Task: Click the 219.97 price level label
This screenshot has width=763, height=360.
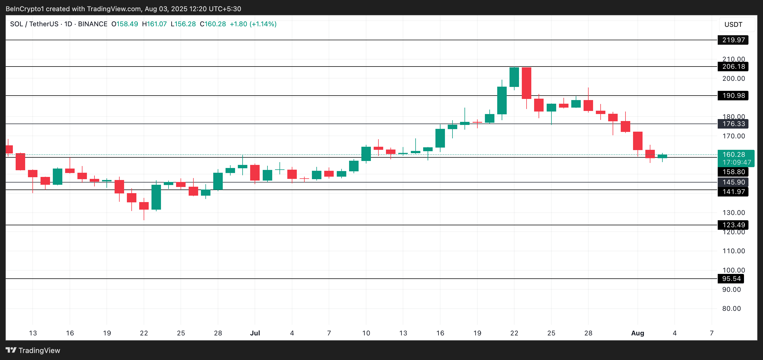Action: pyautogui.click(x=733, y=40)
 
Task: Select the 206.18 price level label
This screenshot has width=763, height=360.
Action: pyautogui.click(x=733, y=66)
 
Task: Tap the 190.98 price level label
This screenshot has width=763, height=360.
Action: pyautogui.click(x=733, y=95)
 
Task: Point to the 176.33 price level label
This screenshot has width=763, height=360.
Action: pyautogui.click(x=733, y=124)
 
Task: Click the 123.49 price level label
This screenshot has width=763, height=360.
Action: pyautogui.click(x=733, y=225)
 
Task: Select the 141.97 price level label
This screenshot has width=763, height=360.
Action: pyautogui.click(x=733, y=192)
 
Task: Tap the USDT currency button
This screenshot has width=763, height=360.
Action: pyautogui.click(x=733, y=25)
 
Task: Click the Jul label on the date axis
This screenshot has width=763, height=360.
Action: pyautogui.click(x=255, y=333)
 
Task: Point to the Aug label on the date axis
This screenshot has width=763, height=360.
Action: pyautogui.click(x=638, y=333)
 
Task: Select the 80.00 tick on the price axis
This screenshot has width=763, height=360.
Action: pyautogui.click(x=731, y=309)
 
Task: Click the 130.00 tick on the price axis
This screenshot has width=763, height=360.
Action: pyautogui.click(x=733, y=212)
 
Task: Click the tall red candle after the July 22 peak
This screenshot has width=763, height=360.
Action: pyautogui.click(x=526, y=83)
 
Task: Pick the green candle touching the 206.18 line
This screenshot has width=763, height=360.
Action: pyautogui.click(x=514, y=77)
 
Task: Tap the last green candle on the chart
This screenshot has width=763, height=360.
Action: pyautogui.click(x=662, y=156)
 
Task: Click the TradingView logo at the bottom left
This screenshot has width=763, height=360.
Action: pyautogui.click(x=33, y=350)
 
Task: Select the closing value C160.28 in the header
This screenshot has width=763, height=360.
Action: pyautogui.click(x=213, y=24)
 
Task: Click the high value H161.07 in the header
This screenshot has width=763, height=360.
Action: pyautogui.click(x=154, y=24)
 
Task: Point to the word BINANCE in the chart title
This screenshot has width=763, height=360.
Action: pyautogui.click(x=93, y=24)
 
